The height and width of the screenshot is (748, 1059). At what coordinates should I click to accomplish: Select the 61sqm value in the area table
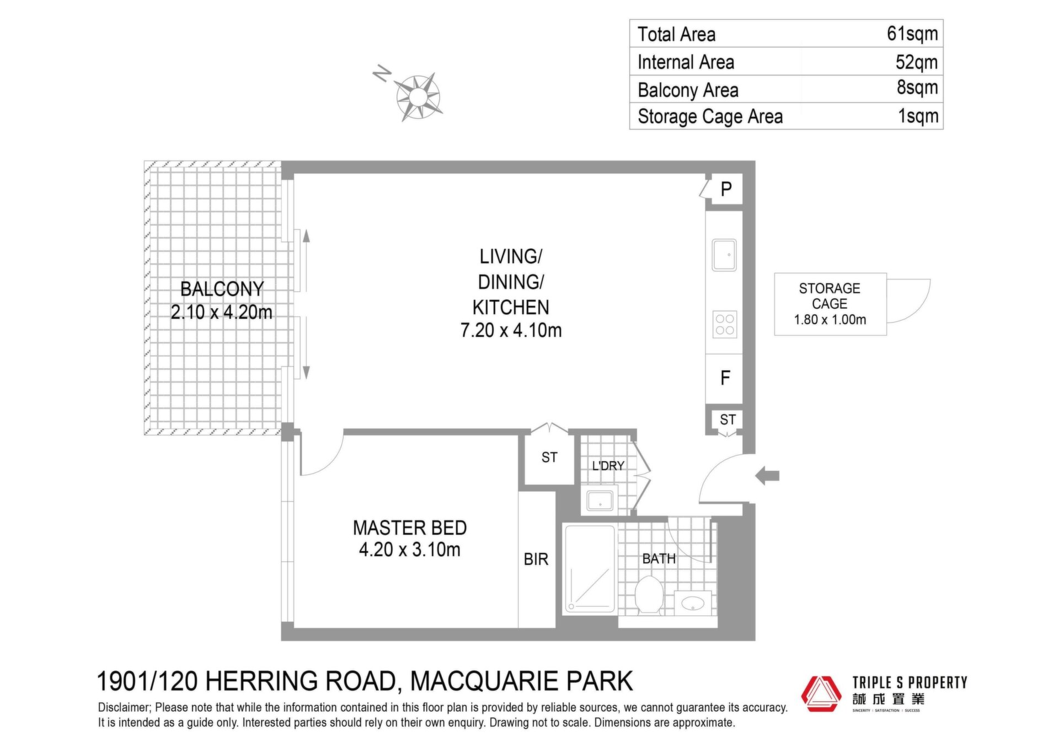912,34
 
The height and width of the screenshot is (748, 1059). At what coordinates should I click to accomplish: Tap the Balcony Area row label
688,90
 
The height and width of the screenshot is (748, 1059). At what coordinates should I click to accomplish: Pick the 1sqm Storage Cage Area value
918,116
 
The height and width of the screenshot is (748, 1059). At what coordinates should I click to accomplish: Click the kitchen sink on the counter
724,255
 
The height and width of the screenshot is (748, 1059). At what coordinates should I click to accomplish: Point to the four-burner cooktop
724,324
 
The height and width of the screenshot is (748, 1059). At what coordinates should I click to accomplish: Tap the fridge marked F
725,378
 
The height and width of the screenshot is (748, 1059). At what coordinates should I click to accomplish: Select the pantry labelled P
726,189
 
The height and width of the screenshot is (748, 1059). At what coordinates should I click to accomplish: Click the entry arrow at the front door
767,475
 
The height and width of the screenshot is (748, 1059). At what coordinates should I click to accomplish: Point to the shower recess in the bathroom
589,569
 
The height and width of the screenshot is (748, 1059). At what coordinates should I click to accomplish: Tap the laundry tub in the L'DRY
599,501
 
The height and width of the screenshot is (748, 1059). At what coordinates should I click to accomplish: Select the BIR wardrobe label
536,559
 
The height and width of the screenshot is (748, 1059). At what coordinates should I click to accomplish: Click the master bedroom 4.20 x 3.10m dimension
410,550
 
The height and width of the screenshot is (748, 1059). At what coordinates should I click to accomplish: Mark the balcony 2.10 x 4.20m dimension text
221,313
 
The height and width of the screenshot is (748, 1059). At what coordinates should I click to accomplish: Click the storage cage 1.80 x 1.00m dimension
830,320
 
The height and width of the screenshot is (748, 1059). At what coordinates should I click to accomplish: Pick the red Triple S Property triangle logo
821,693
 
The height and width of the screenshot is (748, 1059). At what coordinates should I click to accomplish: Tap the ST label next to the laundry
549,458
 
